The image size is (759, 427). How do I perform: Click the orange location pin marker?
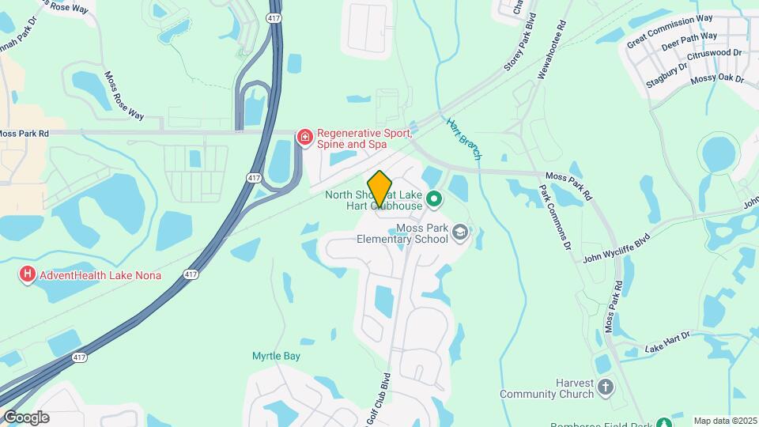tap(380, 188)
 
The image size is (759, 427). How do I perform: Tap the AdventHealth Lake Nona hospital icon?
tap(28, 275)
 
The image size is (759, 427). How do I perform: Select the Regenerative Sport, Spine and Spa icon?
tap(304, 138)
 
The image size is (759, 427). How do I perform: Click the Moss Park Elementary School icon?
tap(460, 232)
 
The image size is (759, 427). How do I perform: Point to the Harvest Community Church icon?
tap(606, 387)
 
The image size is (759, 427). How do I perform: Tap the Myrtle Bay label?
tap(276, 357)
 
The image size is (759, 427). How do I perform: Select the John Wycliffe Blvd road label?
tap(616, 247)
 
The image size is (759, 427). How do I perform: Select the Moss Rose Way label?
tap(124, 96)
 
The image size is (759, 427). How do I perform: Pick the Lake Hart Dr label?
tap(667, 342)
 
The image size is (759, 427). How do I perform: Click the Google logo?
tap(26, 418)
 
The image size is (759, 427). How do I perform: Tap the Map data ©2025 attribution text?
tap(725, 421)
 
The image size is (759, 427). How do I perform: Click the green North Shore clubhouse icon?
tap(433, 199)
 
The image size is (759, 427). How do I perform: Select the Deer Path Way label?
tap(689, 41)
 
